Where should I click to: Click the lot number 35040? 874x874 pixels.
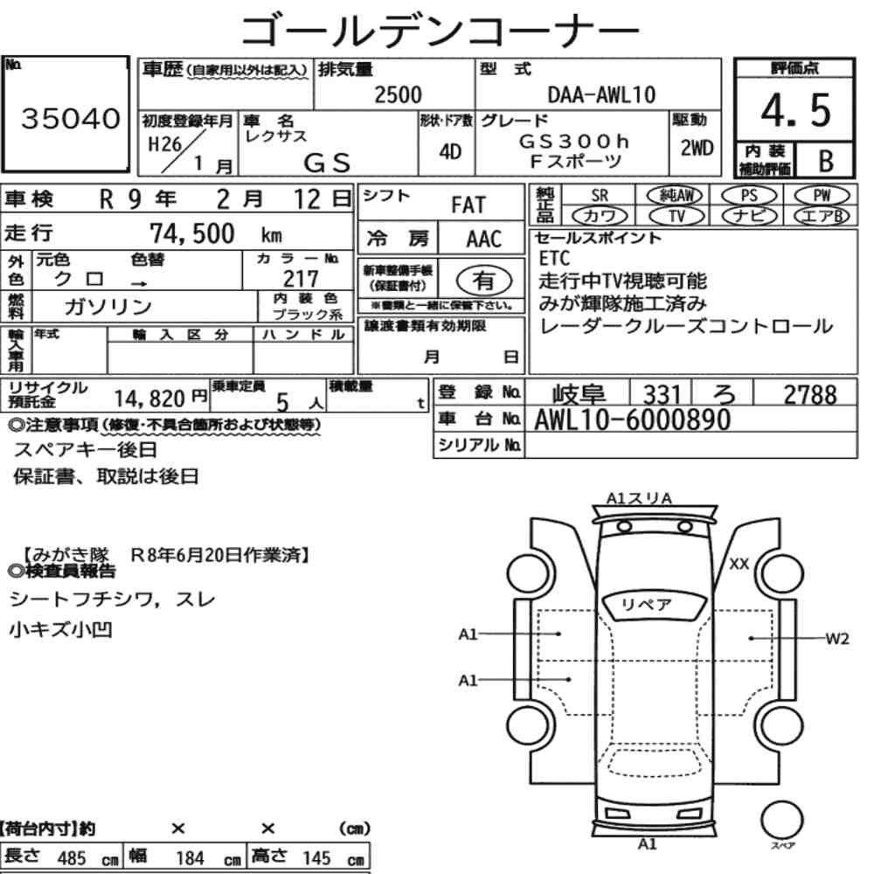pyautogui.click(x=70, y=118)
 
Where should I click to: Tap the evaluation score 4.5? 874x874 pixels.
pyautogui.click(x=795, y=110)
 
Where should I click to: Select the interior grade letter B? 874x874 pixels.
pyautogui.click(x=826, y=161)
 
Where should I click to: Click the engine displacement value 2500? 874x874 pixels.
pyautogui.click(x=398, y=94)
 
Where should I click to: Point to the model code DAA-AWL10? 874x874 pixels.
pyautogui.click(x=601, y=94)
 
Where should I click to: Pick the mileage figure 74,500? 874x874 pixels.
pyautogui.click(x=192, y=233)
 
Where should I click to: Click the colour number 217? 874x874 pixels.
pyautogui.click(x=301, y=278)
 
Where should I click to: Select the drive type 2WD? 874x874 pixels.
pyautogui.click(x=697, y=149)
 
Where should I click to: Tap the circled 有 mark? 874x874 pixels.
pyautogui.click(x=484, y=281)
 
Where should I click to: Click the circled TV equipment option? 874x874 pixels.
pyautogui.click(x=676, y=216)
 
